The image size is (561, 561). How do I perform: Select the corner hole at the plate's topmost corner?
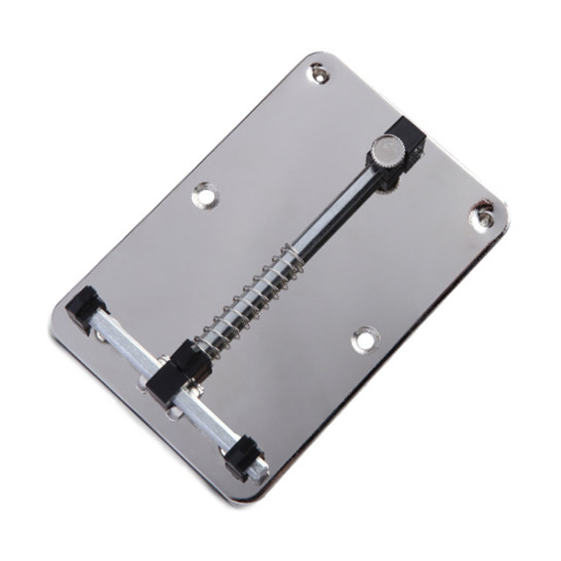pos(319,72)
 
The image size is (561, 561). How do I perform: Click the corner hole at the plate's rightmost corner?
pos(482,215)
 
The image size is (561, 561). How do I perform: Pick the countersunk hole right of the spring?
pos(365,339)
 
